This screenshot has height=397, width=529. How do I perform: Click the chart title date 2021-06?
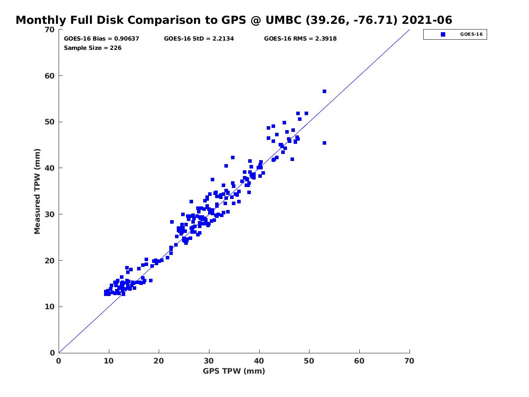point(427,20)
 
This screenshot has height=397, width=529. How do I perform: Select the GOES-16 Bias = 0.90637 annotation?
point(101,38)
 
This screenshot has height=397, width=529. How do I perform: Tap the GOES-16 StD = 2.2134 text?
point(199,38)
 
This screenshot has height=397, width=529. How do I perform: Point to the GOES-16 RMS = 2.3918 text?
point(300,38)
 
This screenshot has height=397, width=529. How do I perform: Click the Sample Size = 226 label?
point(93,48)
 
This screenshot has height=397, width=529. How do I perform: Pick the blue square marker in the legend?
point(443,34)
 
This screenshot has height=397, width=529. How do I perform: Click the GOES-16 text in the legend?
point(471,34)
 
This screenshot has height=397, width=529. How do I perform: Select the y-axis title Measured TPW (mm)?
point(37,191)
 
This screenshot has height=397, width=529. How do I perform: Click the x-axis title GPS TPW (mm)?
point(234,371)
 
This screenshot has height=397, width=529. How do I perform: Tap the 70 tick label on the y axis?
point(50,30)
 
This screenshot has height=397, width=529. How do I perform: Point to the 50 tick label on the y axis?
point(50,122)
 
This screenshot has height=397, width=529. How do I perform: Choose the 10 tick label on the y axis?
point(50,307)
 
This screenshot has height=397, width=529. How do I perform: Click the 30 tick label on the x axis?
point(209,361)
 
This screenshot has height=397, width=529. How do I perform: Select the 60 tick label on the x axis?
point(359,361)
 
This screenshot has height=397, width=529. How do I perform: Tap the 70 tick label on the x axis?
point(409,361)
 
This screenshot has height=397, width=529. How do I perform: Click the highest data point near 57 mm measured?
point(324,91)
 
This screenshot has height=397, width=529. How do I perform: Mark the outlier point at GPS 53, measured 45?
point(324,143)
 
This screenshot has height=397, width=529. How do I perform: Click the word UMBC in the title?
point(283,20)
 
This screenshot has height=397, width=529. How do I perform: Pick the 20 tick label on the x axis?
point(159,361)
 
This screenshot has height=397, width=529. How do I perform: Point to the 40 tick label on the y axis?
point(50,168)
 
